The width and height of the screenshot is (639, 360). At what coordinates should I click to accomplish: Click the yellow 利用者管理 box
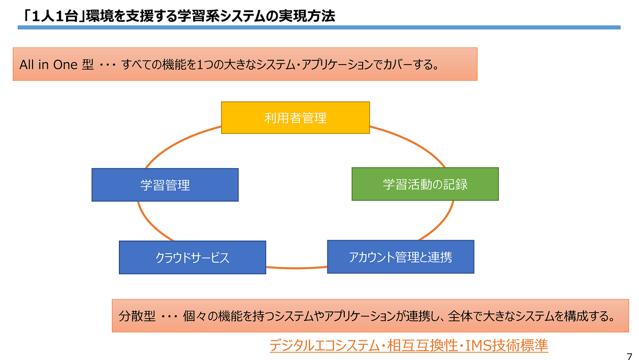point(296,118)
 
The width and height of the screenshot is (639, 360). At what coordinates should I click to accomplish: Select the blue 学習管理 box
point(165,185)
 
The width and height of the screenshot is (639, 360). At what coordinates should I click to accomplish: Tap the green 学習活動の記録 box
point(425,184)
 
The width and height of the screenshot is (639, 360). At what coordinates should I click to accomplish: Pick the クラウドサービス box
point(193,257)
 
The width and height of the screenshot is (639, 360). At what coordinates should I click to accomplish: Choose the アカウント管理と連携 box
point(401,257)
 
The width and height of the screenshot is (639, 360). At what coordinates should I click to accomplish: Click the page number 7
point(629,356)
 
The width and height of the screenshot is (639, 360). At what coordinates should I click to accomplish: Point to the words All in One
point(48,65)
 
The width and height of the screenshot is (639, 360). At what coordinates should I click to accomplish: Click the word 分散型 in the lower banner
point(137,316)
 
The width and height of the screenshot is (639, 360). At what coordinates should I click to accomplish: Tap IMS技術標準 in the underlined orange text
point(507,345)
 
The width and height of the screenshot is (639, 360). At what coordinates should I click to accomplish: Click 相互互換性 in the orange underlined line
point(422,345)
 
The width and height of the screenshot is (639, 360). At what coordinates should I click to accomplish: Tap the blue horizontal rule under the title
point(319,28)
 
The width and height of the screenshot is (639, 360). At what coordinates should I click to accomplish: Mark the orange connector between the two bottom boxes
point(297,268)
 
